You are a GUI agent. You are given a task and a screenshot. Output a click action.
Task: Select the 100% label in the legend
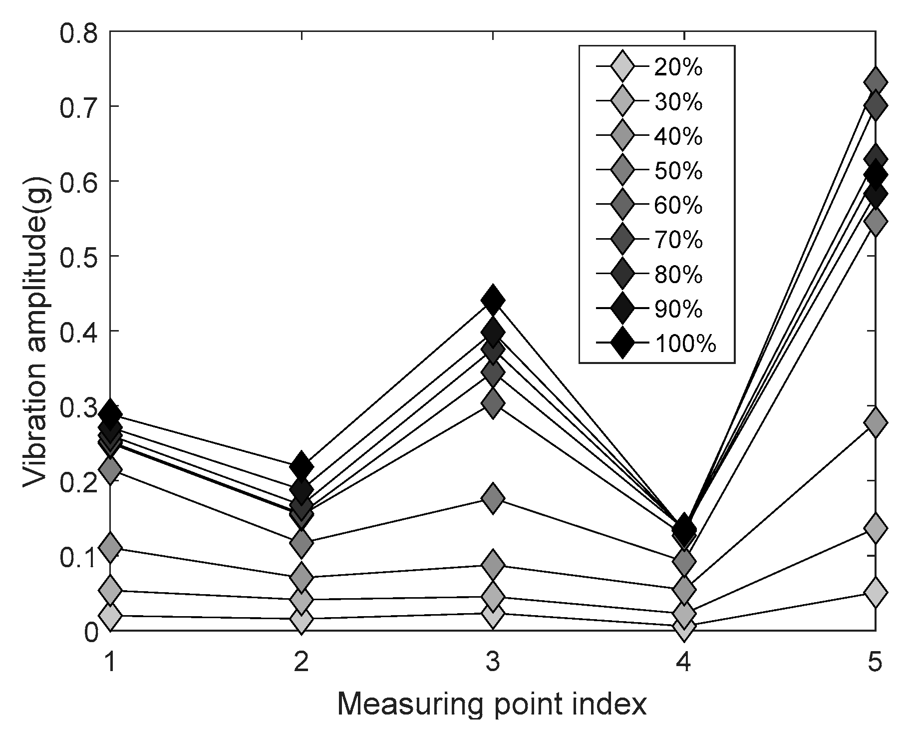point(685,344)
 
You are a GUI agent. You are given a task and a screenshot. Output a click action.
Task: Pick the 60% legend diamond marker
point(621,205)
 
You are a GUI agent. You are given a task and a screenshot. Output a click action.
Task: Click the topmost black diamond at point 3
point(493,300)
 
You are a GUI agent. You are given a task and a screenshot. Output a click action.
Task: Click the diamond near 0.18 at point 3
point(493,498)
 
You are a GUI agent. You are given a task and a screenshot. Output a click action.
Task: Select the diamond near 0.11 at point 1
point(110,547)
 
